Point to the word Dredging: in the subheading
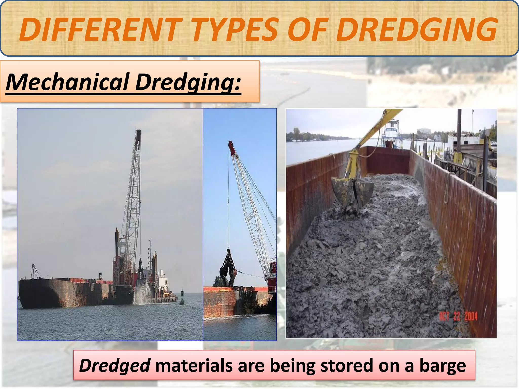[188, 82]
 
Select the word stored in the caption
[347, 365]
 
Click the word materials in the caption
[194, 365]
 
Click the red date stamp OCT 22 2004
[458, 316]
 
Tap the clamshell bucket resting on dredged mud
[352, 191]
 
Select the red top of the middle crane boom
[232, 148]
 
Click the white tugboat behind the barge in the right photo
[392, 133]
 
